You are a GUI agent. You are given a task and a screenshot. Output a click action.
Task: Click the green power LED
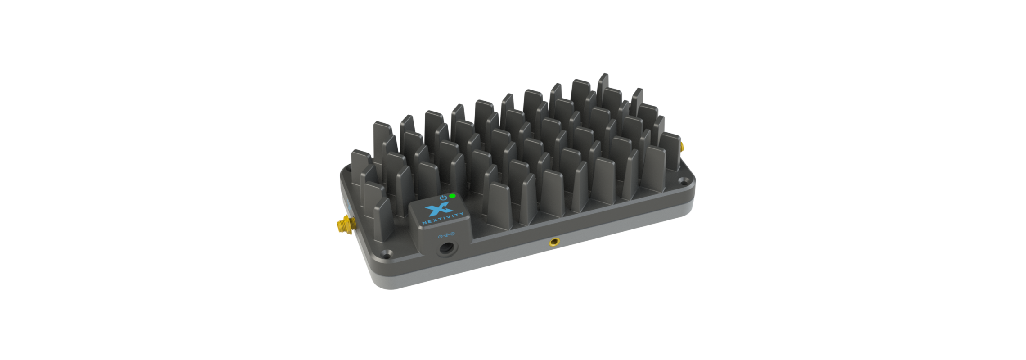tap(452, 196)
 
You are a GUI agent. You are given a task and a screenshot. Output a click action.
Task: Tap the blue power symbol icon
tap(444, 198)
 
